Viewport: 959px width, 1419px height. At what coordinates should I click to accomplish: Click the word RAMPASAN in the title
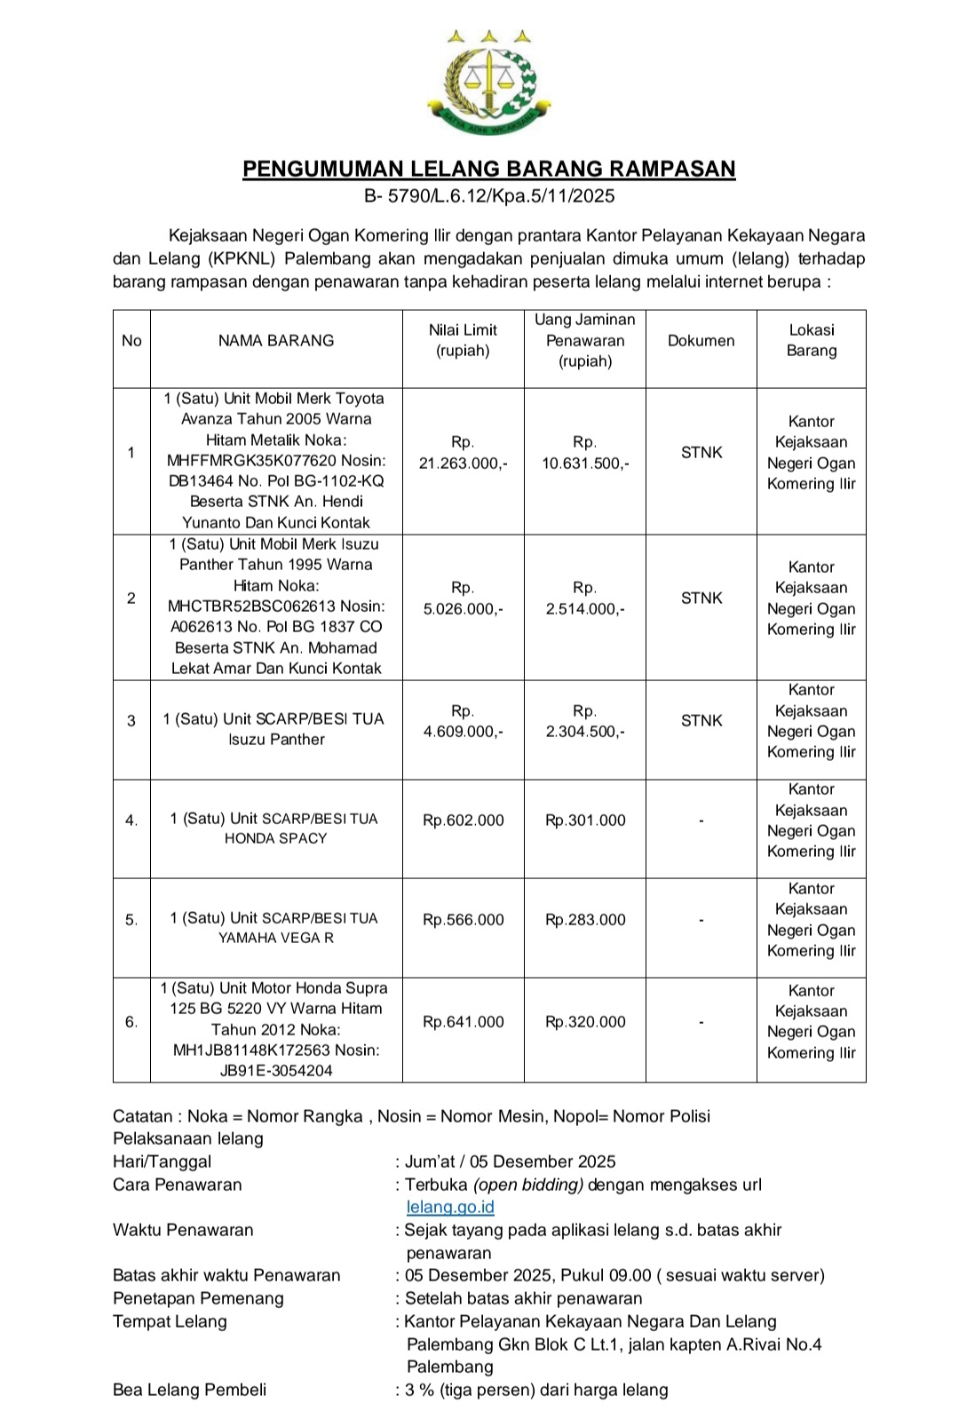pos(672,169)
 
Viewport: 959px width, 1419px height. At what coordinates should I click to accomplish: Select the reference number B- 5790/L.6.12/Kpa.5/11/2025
pos(489,196)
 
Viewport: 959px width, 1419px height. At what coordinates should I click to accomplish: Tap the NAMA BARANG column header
pos(276,341)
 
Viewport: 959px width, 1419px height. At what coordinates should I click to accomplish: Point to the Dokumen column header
pos(701,341)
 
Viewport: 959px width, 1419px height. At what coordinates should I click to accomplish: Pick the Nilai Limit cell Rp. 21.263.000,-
pos(463,453)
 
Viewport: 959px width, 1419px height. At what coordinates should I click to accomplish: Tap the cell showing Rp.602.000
pos(463,820)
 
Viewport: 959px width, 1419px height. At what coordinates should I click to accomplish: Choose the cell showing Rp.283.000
pos(585,920)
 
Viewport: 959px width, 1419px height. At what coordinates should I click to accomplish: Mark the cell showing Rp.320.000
pos(585,1022)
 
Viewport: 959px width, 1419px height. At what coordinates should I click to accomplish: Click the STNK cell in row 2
pos(701,599)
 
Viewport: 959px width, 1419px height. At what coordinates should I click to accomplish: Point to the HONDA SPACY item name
pos(275,838)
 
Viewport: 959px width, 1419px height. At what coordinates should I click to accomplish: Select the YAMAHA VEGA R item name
pos(275,938)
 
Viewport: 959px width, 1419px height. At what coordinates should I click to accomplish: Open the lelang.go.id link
pos(450,1208)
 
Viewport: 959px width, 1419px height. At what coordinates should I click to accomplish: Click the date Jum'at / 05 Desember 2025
pos(510,1161)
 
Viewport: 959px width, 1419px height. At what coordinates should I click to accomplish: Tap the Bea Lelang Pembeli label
pos(189,1390)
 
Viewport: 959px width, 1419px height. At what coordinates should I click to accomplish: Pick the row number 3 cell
pos(131,721)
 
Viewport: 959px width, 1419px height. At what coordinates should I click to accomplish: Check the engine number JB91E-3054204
pos(276,1071)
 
